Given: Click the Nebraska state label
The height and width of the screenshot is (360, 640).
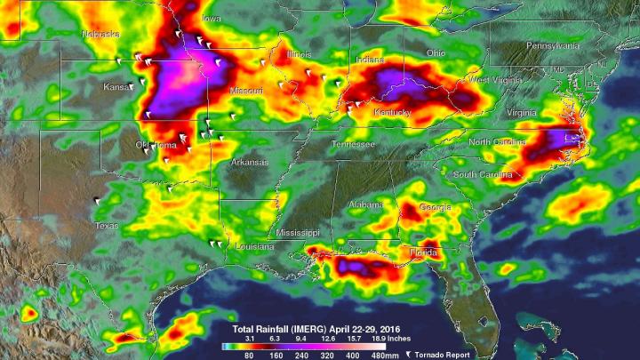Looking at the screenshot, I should (100, 34).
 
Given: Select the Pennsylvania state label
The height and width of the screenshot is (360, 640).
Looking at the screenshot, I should (552, 45).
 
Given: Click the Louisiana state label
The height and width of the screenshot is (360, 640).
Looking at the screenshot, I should (254, 246).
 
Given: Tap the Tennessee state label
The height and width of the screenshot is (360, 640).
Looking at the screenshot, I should (353, 144).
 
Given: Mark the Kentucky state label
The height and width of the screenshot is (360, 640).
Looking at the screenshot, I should (392, 113).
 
